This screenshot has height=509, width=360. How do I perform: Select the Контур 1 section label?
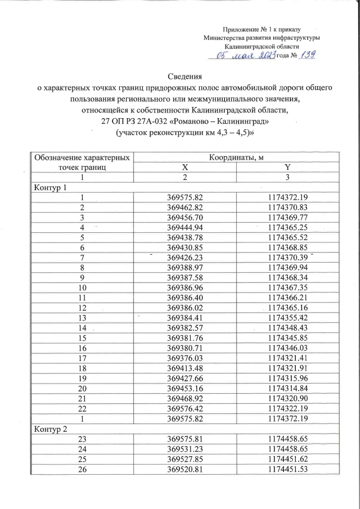[48, 187]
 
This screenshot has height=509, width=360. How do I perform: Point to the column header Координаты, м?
[237, 156]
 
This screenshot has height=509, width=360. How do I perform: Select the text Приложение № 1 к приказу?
[262, 28]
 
